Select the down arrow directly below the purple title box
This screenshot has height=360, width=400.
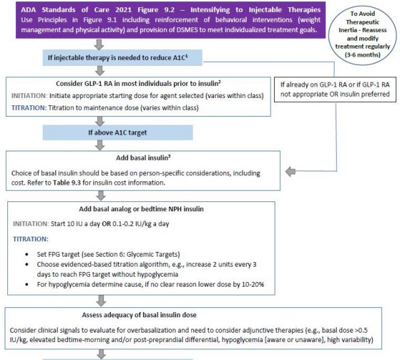[x=99, y=45]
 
